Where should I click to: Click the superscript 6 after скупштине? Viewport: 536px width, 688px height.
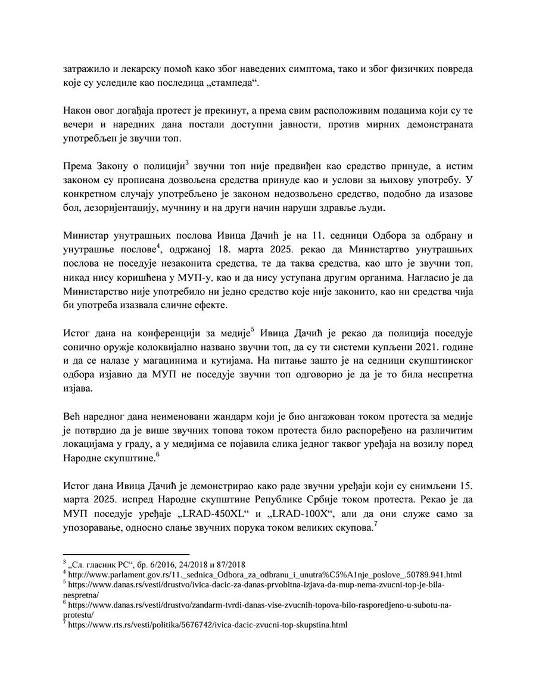(157, 453)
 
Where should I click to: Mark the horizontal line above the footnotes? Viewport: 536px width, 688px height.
(126, 554)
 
